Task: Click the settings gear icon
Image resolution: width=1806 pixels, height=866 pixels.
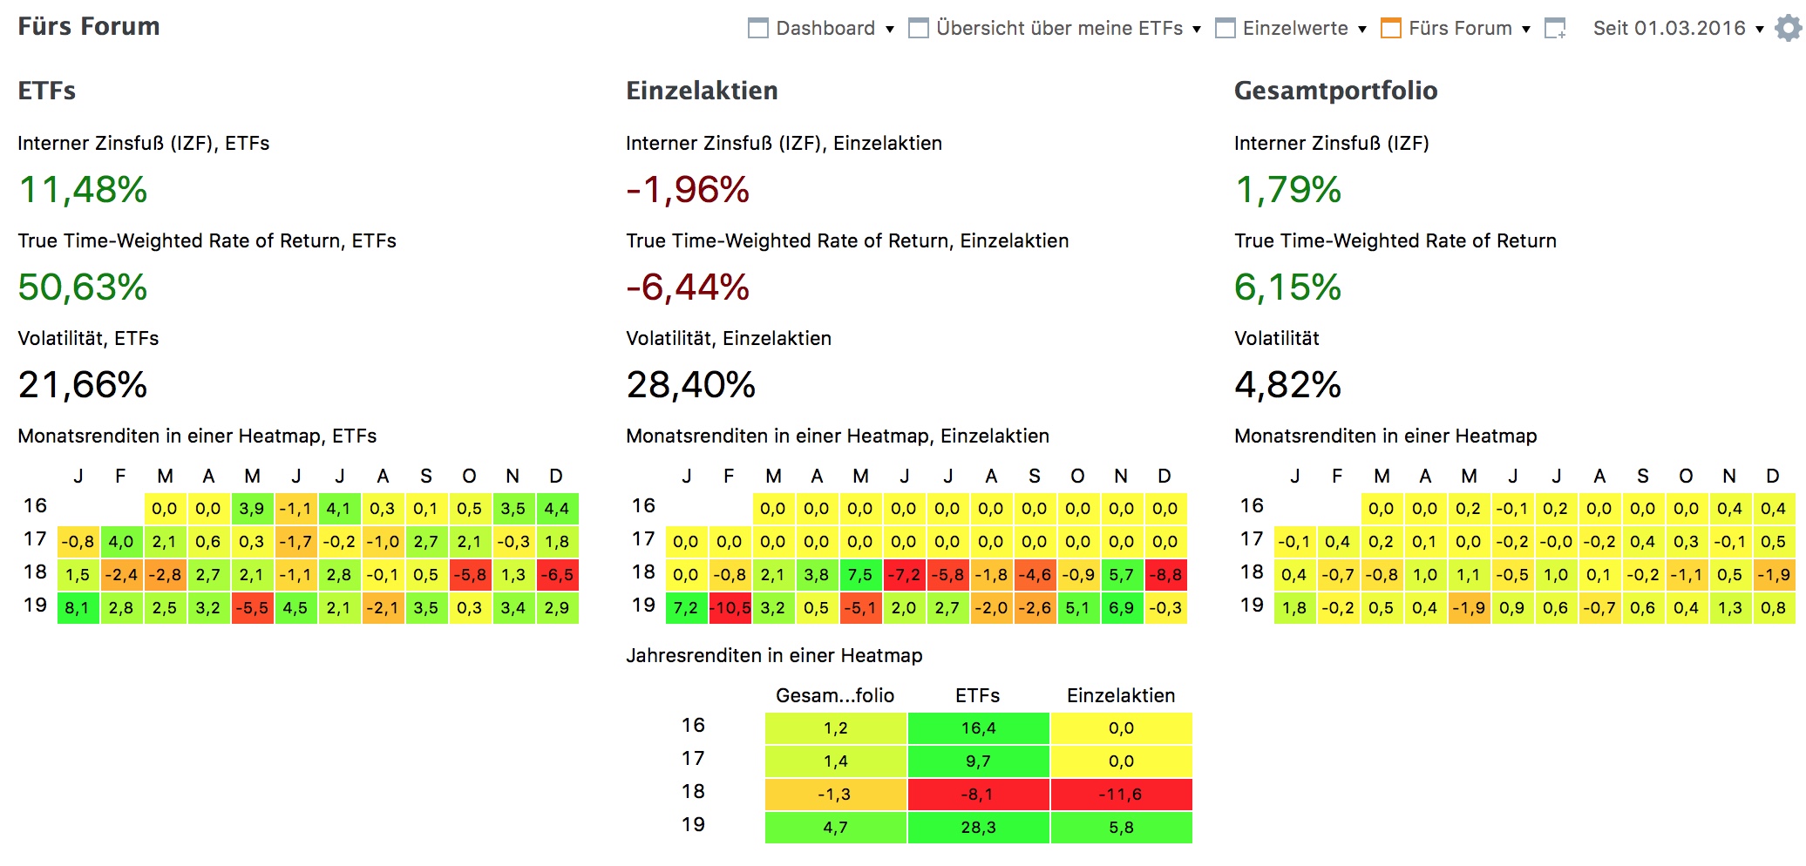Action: (1788, 29)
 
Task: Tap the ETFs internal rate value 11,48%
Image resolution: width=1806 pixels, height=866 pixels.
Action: (83, 190)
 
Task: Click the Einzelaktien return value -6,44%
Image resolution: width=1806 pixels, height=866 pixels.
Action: (688, 288)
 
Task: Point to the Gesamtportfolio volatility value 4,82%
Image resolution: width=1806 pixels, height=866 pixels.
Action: (1287, 385)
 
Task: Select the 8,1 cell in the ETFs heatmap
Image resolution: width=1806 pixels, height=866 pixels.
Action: (78, 608)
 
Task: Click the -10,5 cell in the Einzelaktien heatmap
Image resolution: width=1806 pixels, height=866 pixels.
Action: (730, 608)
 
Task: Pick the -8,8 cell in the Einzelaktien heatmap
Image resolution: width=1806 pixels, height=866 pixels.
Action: (1164, 575)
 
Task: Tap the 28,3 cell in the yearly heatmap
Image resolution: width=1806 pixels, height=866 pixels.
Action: (978, 828)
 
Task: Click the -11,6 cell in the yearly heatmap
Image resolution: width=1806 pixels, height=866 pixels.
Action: (1121, 795)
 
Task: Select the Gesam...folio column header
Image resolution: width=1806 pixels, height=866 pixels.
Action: (835, 695)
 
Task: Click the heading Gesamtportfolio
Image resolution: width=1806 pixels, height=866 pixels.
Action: (1335, 91)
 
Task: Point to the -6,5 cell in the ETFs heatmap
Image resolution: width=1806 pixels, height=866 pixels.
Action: (556, 575)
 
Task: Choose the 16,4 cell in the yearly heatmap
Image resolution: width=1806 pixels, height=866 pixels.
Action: (978, 728)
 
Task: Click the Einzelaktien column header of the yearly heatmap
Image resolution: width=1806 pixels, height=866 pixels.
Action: (1121, 695)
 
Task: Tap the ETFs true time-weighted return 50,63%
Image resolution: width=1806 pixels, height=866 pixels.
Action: (83, 288)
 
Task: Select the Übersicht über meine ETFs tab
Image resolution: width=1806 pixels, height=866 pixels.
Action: (1058, 29)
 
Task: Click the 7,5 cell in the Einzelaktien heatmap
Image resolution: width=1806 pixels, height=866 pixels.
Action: (860, 575)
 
